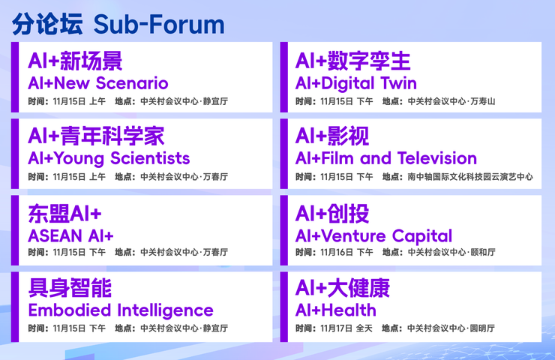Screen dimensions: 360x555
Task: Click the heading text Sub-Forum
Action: [159, 24]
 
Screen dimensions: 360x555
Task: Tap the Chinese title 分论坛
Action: [47, 24]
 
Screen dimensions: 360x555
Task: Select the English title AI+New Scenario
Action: [97, 83]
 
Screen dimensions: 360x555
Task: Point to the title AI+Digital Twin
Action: [355, 83]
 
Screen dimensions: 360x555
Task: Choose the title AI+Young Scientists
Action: [109, 158]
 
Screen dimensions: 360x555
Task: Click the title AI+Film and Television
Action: [385, 158]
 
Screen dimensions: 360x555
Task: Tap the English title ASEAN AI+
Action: [70, 235]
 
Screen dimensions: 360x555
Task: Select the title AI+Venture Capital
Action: [373, 236]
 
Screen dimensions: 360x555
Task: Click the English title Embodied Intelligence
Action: [120, 310]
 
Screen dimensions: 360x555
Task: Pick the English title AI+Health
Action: [335, 310]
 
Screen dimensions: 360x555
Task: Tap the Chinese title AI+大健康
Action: [343, 289]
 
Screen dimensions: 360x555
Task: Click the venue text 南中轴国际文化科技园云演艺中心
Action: [470, 177]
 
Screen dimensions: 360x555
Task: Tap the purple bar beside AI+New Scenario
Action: [15, 77]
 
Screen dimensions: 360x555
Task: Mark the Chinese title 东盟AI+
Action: [64, 214]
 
